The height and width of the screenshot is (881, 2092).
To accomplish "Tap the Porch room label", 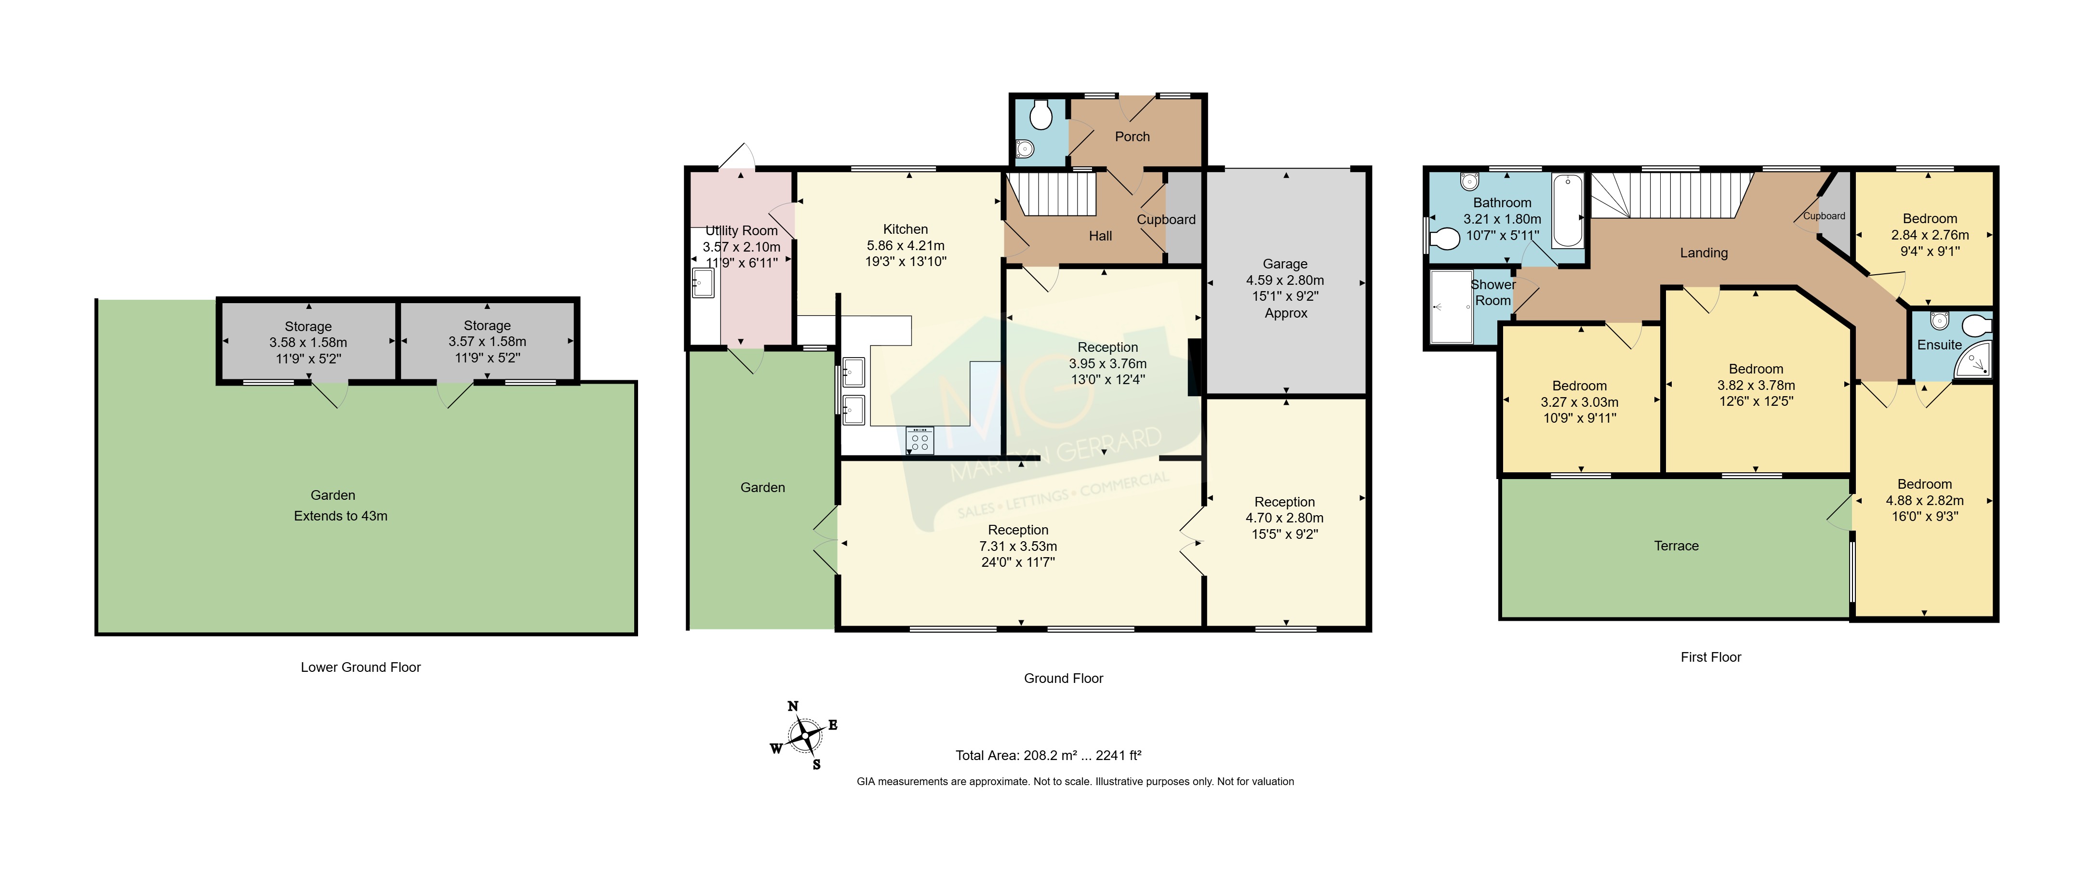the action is click(x=1132, y=136).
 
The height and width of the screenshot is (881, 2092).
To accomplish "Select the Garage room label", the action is click(x=1285, y=264).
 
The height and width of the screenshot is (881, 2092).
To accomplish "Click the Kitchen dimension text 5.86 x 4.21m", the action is click(x=906, y=245).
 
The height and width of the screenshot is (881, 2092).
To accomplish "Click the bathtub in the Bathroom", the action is click(x=1567, y=210).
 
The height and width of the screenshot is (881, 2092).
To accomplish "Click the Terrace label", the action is click(x=1676, y=546).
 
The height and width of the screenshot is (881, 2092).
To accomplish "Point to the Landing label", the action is click(x=1704, y=253).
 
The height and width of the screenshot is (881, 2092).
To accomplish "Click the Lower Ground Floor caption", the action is click(x=360, y=667).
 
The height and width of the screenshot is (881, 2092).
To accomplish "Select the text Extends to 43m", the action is click(x=340, y=516).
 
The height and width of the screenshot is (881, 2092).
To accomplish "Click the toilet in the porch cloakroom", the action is click(x=1041, y=116).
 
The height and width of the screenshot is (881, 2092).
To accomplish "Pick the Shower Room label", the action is click(x=1492, y=293).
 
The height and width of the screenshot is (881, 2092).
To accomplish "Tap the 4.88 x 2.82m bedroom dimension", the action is click(x=1925, y=500).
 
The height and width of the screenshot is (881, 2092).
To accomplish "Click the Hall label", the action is click(x=1100, y=236).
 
